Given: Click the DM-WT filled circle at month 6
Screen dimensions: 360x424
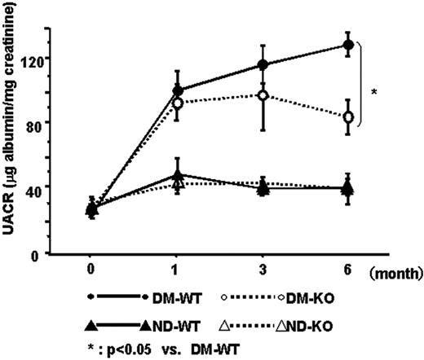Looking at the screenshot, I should point(349,45).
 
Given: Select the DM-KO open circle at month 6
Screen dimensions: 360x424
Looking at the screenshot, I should point(349,117).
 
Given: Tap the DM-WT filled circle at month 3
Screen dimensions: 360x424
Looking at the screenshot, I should point(263,64).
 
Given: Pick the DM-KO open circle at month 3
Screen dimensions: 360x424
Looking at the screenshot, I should point(263,95).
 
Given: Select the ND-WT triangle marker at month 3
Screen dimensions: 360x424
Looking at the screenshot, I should point(263,188).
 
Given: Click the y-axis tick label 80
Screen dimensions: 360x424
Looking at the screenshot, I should point(33,122).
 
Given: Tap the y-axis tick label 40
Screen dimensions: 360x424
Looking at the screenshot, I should point(33,187).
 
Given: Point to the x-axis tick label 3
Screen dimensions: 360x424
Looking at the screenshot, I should point(263,267).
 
